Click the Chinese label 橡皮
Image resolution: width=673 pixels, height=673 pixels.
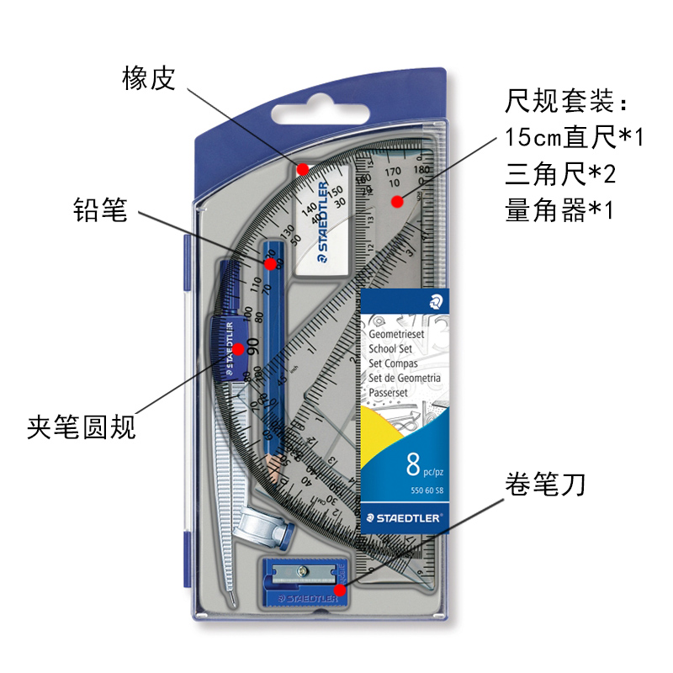(148, 79)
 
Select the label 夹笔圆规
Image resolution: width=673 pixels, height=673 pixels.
(81, 428)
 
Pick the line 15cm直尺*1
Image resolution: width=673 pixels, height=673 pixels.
(574, 137)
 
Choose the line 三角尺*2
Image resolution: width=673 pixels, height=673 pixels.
(560, 173)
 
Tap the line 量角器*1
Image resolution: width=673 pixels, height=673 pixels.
(560, 209)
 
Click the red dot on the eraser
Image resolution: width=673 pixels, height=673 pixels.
(302, 167)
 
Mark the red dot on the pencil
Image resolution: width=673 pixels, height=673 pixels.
(271, 264)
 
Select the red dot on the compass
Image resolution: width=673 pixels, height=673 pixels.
(239, 348)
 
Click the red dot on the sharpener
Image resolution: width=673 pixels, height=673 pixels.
(340, 590)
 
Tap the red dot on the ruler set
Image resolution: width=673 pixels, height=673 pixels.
(396, 200)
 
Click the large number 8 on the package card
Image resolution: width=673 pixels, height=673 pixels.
(412, 464)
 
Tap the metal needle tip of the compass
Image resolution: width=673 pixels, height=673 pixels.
(232, 598)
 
